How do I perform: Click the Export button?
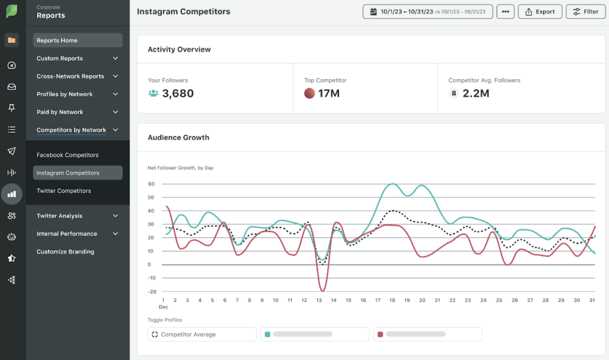coord(540,11)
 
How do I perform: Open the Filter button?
coord(586,11)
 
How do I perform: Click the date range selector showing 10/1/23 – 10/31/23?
coord(427,11)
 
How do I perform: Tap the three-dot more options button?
coord(505,11)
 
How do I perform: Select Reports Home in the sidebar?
coord(78,41)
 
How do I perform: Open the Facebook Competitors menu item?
coord(67,155)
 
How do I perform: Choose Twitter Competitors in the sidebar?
coord(64,191)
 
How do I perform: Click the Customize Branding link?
coord(65,252)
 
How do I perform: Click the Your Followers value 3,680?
coord(177,94)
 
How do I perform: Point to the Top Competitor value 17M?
coord(328,94)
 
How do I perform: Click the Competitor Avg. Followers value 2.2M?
coord(475,94)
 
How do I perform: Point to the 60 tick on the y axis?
coord(151,184)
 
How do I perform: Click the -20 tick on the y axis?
coord(151,292)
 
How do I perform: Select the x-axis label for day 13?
coord(319,301)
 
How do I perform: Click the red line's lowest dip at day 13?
coord(322,290)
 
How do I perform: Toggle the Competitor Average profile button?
coord(202,335)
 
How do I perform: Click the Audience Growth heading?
coord(178,138)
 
